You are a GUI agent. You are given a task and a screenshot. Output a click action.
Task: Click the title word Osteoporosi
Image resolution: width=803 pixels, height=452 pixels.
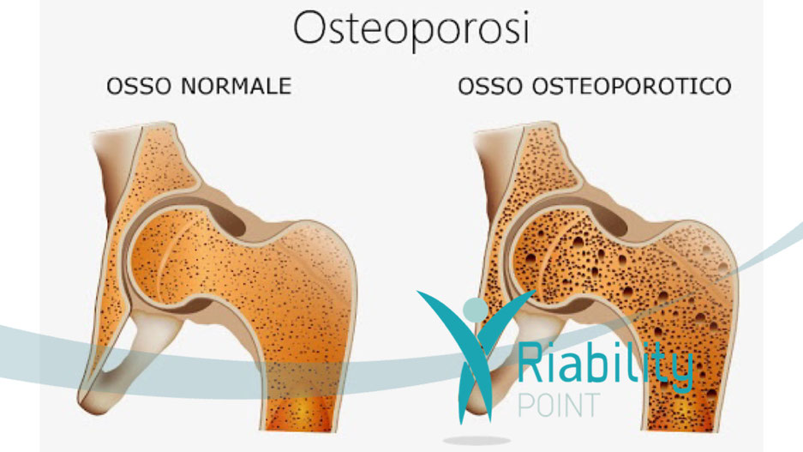(x=411, y=28)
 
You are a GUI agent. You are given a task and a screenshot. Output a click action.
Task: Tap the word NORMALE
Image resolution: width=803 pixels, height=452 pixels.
(x=237, y=86)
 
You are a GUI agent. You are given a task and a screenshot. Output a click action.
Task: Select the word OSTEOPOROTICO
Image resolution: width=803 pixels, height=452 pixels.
(x=632, y=86)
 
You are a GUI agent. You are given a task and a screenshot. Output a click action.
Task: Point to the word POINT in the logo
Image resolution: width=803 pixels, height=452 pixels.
(x=559, y=406)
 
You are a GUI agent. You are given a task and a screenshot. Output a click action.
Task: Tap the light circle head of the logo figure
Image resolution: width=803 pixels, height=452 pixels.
(x=476, y=310)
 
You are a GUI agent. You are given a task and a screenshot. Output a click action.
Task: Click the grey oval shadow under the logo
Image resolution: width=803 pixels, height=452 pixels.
(x=476, y=441)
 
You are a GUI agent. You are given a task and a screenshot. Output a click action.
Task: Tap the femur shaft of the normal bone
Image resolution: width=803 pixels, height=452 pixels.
(x=303, y=379)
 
